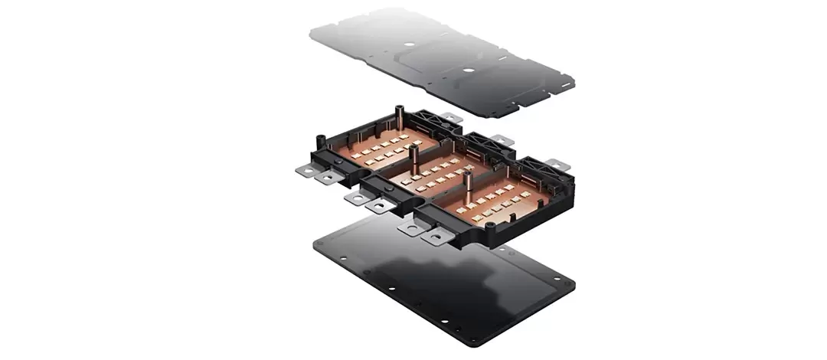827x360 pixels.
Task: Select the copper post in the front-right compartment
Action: [x=466, y=186]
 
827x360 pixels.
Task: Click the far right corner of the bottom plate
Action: [x=574, y=283]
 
